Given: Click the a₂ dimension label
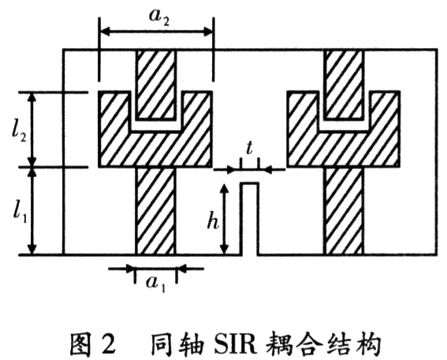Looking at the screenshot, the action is coord(159,17).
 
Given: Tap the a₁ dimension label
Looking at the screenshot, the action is coord(155,284).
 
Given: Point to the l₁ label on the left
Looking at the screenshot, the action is coord(20,212).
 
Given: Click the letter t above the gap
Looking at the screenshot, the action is coord(249,148).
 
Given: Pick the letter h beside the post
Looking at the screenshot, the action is coord(213,220).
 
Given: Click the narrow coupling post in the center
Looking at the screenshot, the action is coord(250,218).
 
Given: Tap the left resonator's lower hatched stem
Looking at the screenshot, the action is coord(155,211).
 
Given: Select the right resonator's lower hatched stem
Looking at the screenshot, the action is coord(344,211).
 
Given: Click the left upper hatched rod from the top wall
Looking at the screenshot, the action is coord(155,84).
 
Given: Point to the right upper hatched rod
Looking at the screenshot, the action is coord(344,84).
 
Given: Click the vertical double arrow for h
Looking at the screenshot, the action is coord(225,219).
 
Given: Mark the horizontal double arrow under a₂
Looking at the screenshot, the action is coord(156,32).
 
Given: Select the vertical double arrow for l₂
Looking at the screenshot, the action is coord(33,130).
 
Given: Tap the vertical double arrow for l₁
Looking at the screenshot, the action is coord(33,211).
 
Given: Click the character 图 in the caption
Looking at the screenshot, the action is coord(80,344).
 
